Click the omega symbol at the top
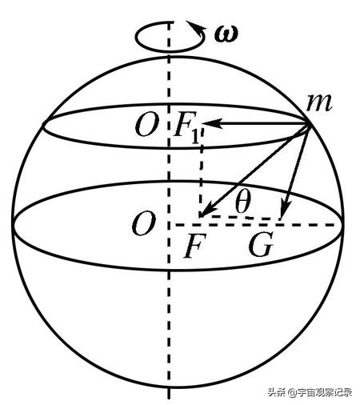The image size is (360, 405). point(226,34)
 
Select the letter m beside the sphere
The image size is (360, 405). point(319,102)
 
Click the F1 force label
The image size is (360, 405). point(186,127)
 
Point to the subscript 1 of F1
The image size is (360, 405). point(195,136)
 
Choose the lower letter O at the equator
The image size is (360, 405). point(143,223)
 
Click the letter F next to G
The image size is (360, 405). point(195,245)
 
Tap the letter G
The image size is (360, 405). point(261,244)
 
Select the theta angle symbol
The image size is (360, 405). point(243,200)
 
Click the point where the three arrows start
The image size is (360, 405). point(309,124)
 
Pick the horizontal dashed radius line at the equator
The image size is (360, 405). point(254,226)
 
